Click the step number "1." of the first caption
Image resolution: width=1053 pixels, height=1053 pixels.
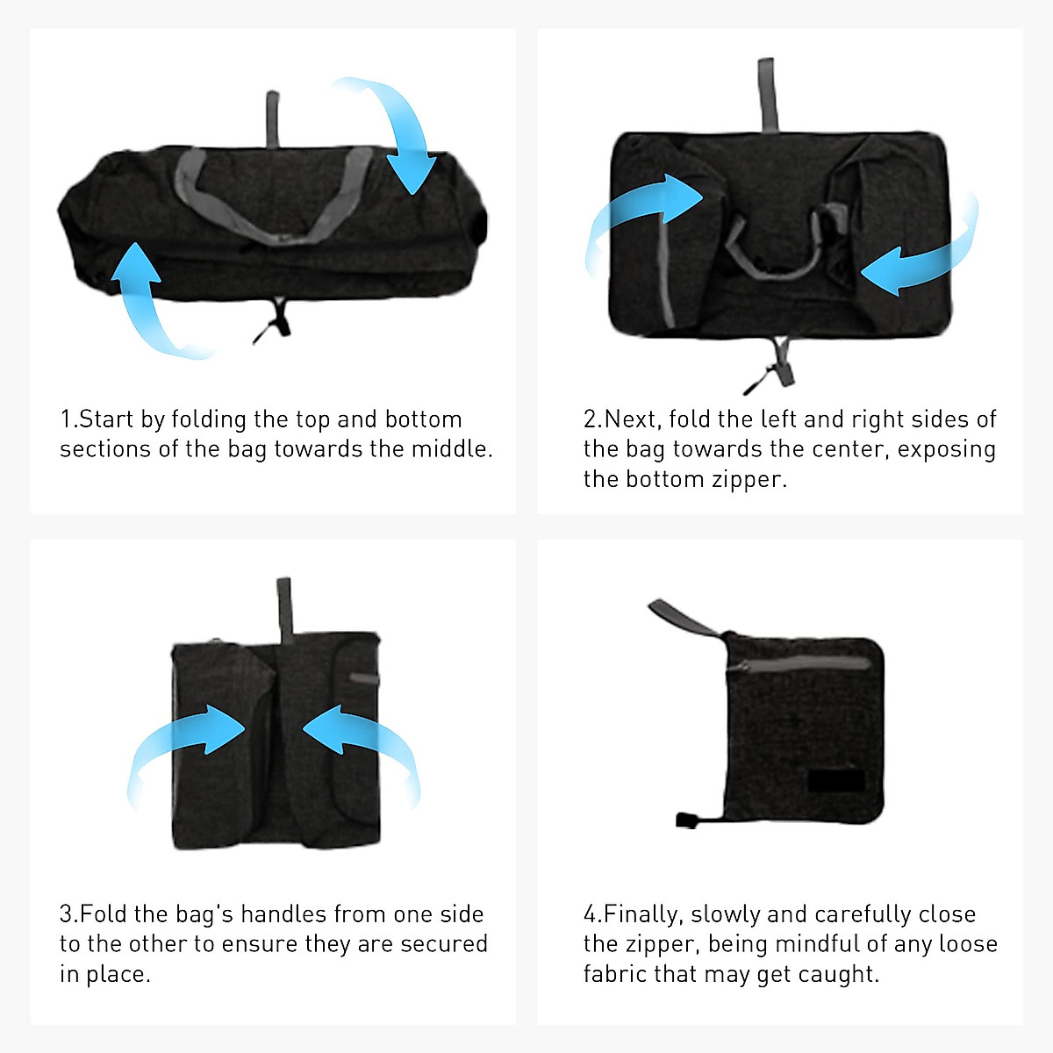click(68, 419)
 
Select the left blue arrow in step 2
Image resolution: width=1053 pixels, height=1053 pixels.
click(641, 215)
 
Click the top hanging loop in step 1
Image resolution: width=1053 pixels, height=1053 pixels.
click(273, 118)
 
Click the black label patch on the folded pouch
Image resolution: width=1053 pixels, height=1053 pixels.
click(836, 781)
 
